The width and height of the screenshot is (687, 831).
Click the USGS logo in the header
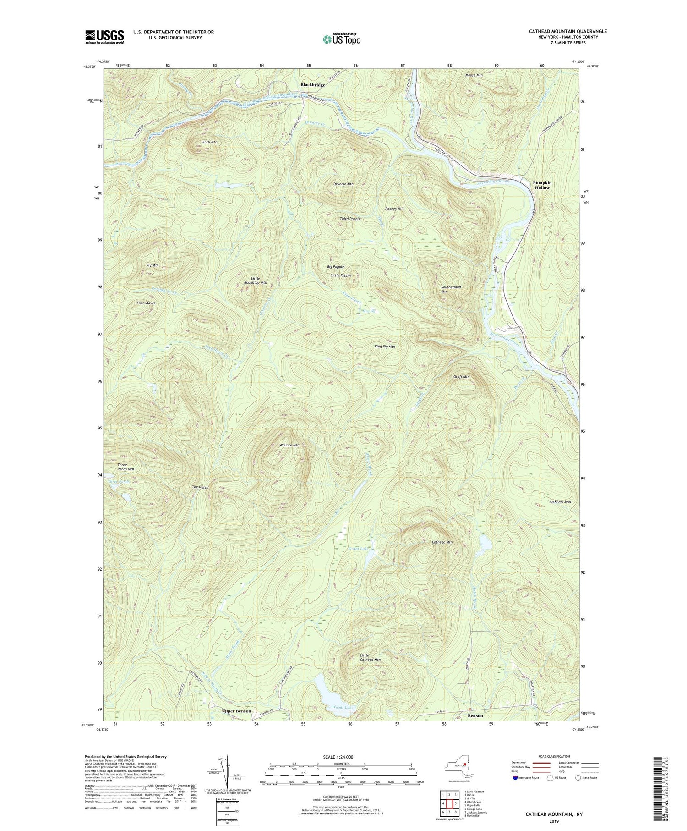click(104, 37)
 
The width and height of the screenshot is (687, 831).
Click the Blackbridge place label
click(313, 85)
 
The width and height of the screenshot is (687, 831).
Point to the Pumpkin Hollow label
click(542, 185)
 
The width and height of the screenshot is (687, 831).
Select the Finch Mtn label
click(208, 143)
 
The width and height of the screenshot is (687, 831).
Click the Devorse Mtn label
click(343, 184)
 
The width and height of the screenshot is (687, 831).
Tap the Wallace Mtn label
click(289, 445)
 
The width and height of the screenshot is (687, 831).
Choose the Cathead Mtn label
click(442, 542)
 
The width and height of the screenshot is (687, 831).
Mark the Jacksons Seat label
click(560, 502)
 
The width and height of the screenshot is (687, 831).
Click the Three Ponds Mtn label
click(125, 467)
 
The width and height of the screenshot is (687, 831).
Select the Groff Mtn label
click(461, 377)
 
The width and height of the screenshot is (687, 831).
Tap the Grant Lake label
click(358, 549)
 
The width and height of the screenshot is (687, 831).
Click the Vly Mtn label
click(152, 265)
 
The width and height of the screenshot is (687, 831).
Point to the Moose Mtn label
click(474, 75)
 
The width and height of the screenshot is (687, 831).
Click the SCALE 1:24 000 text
click(341, 757)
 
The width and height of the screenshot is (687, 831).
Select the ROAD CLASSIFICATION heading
click(554, 756)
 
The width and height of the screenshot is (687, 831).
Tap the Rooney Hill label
click(394, 209)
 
